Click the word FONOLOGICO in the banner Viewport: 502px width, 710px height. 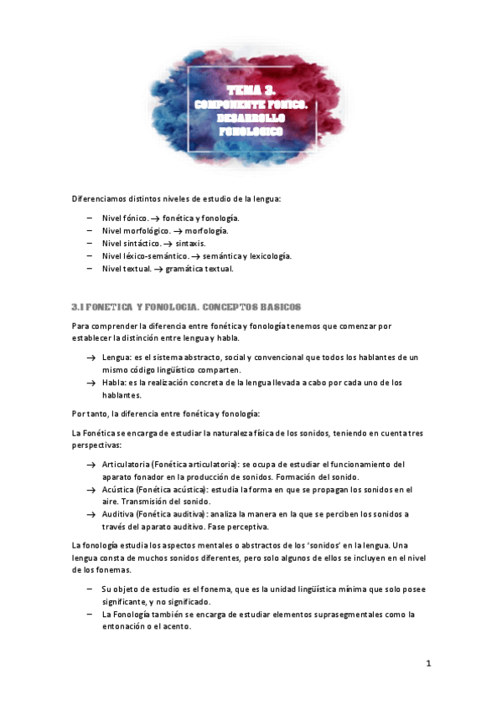251,131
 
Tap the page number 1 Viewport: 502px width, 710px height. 427,664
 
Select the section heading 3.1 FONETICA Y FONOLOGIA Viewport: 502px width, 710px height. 185,307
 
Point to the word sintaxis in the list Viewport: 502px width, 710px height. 190,243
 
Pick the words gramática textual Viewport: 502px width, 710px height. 199,269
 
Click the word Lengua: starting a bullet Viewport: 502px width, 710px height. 118,357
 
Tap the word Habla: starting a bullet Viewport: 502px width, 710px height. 116,383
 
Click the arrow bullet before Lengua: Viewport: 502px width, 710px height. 90,358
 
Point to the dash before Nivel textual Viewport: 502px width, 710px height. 90,269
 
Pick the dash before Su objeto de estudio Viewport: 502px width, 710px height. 90,589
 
